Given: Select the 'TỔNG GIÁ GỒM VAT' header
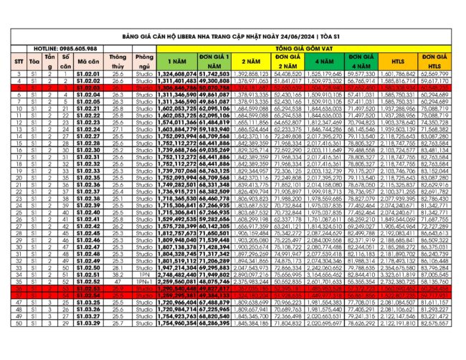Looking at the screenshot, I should pyautogui.click(x=312, y=48).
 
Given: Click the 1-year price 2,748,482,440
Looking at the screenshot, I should pyautogui.click(x=176, y=274).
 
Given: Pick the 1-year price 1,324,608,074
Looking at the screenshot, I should pyautogui.click(x=176, y=74).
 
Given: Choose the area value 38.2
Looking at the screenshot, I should pyautogui.click(x=118, y=274).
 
